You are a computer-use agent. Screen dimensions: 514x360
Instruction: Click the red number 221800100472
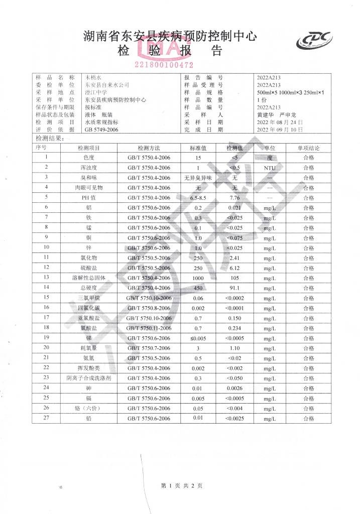[x=164, y=65]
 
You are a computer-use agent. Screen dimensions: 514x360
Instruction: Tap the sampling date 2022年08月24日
[x=280, y=122]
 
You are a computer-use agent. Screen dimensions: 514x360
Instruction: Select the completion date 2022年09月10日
[x=280, y=130]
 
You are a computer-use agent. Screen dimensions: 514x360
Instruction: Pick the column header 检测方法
[x=149, y=149]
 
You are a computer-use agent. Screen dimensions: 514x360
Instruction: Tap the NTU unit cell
[x=270, y=168]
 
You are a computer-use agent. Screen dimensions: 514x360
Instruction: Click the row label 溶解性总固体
[x=88, y=277]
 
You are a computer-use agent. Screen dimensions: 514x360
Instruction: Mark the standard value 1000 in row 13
[x=198, y=277]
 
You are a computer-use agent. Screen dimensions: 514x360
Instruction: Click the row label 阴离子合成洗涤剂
[x=88, y=377]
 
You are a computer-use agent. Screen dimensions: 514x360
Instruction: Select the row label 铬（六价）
[x=88, y=408]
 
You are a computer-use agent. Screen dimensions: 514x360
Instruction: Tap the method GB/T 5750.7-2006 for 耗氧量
[x=149, y=347]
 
